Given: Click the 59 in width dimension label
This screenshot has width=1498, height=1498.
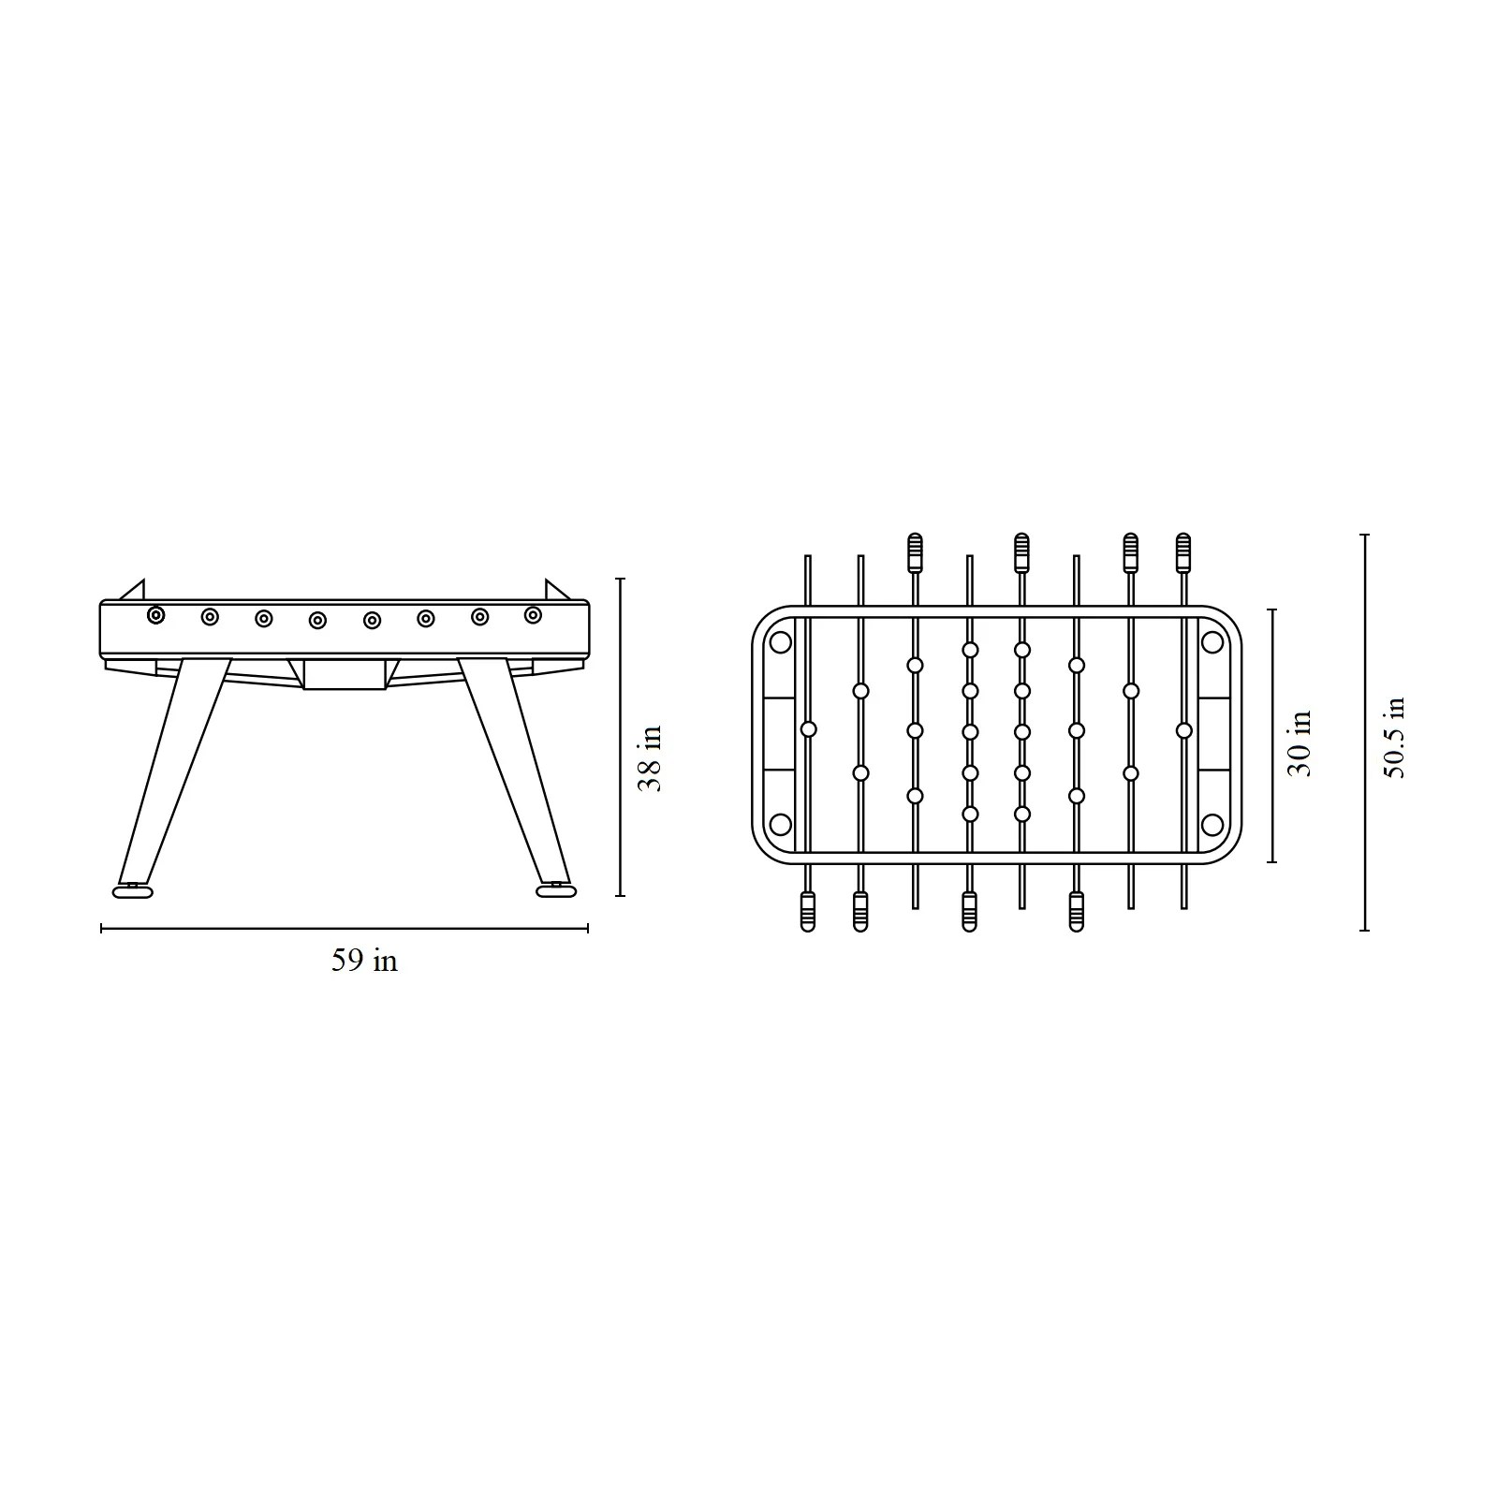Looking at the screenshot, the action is pyautogui.click(x=364, y=961).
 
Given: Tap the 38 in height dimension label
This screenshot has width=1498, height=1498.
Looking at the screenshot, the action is pyautogui.click(x=650, y=758).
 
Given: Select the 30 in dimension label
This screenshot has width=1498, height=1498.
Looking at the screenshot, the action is pyautogui.click(x=1300, y=742).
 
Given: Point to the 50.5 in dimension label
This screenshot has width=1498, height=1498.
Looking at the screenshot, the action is pyautogui.click(x=1394, y=738).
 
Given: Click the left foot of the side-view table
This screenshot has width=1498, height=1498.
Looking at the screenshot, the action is pyautogui.click(x=132, y=892).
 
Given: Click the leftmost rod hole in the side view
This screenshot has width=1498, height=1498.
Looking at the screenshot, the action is pyautogui.click(x=155, y=615).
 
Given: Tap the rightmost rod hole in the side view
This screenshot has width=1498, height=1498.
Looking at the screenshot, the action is pyautogui.click(x=533, y=615).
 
